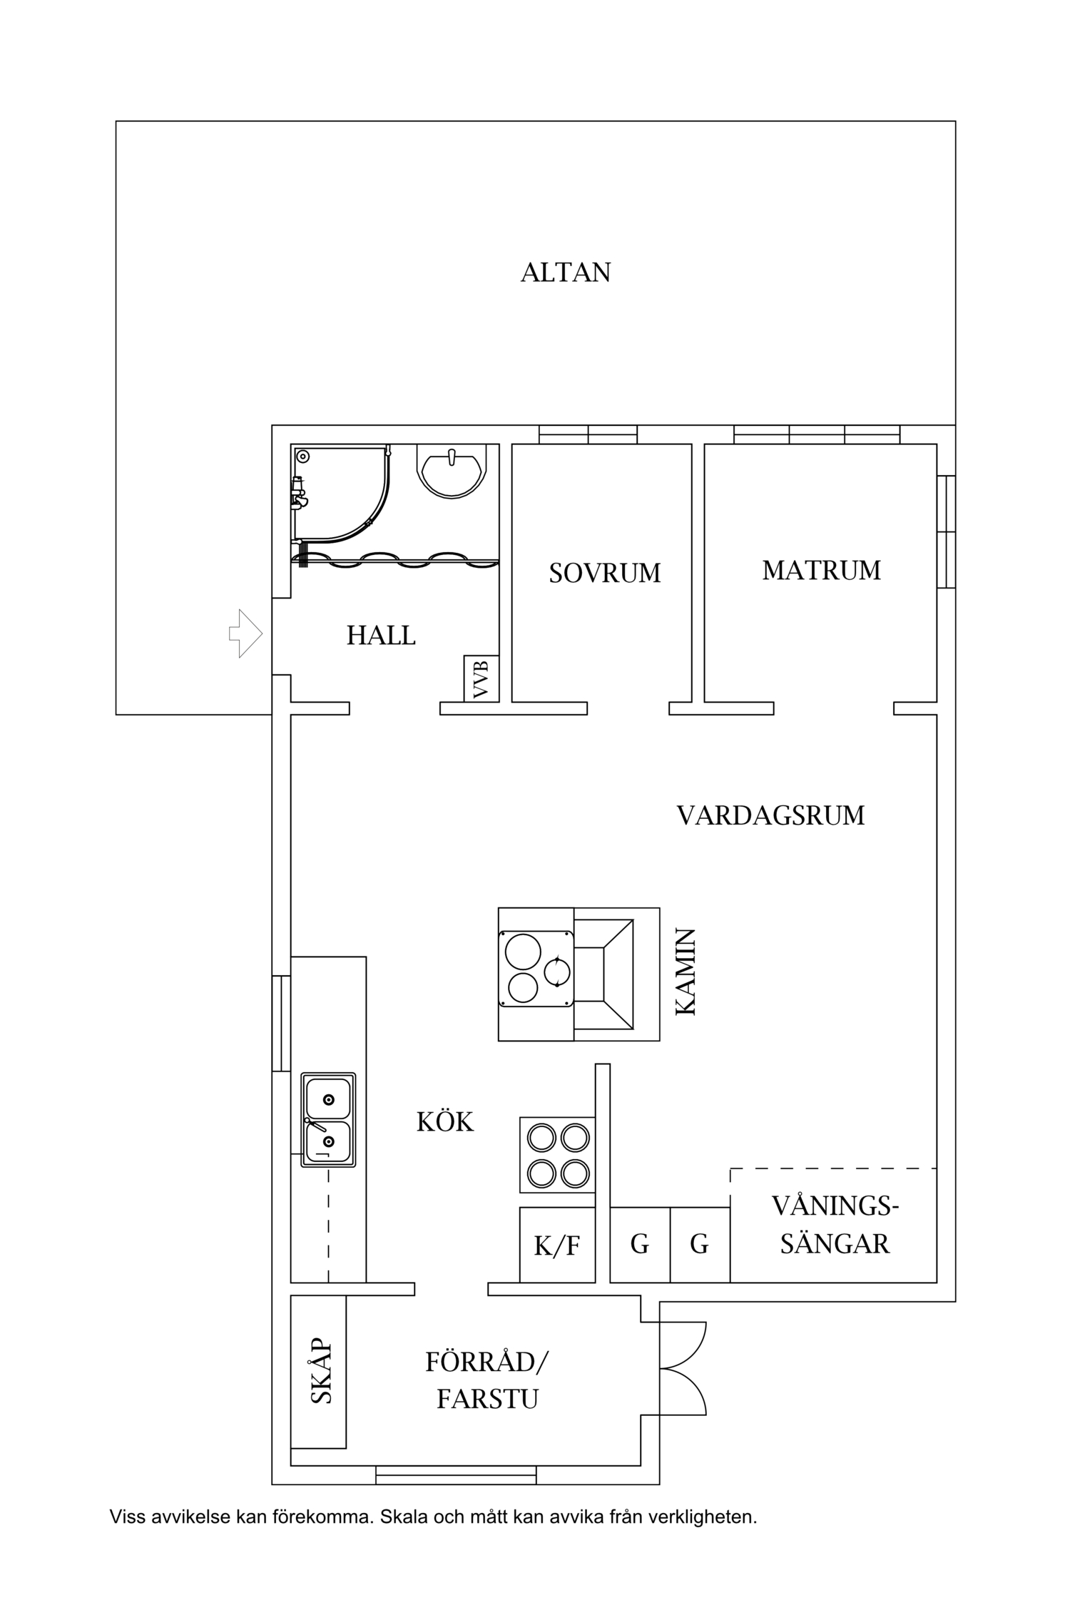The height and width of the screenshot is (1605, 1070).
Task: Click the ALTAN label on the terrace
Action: pos(566,272)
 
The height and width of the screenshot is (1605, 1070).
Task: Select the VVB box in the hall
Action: pos(481,678)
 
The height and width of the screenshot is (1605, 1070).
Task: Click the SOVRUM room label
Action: pos(604,574)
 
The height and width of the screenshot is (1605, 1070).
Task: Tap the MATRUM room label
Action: pos(821,571)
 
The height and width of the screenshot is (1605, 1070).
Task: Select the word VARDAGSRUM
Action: pos(770,815)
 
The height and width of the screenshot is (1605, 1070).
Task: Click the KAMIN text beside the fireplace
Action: pos(685,972)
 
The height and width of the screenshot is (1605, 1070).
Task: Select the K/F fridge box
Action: pos(557,1245)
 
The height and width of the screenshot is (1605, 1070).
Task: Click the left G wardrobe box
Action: pos(640,1244)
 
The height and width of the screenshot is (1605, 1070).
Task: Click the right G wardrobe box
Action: pos(699,1244)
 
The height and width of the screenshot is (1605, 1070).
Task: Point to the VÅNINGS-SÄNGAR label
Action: pos(834,1225)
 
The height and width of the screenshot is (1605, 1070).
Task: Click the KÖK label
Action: pos(445,1122)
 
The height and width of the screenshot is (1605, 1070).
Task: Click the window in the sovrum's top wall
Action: pos(588,434)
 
